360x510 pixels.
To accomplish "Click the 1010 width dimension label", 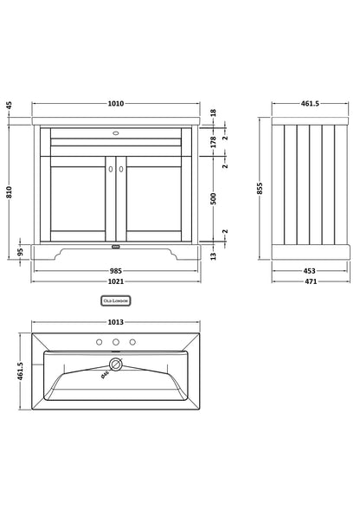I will tap(116, 104).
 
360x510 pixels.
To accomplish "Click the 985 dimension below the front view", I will tap(116, 269).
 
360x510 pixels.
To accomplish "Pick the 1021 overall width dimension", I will tap(116, 282).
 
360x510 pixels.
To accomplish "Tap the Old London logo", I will tap(116, 300).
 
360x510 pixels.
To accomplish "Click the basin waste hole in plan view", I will tap(115, 365).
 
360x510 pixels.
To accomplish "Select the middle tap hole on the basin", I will tap(116, 341).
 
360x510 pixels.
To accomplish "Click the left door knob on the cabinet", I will tap(111, 170).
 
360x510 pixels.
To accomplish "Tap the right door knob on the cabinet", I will tap(121, 170).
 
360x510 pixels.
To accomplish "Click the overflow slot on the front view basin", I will tap(116, 134).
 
